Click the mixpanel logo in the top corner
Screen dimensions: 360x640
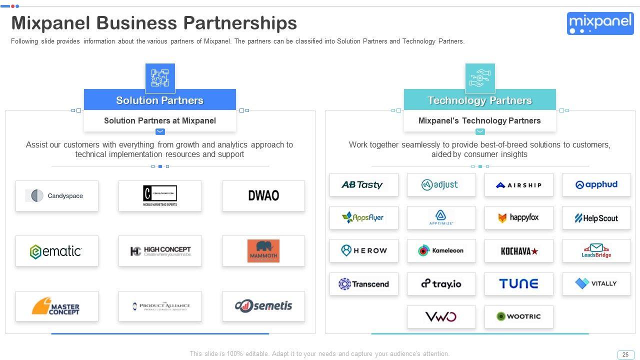coord(600,23)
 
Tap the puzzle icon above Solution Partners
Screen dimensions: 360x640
coord(160,78)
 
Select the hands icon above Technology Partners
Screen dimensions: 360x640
coord(480,78)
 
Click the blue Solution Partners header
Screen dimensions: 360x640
coord(160,100)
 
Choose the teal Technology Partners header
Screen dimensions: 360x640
coord(480,100)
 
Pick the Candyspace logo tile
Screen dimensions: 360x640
coord(57,196)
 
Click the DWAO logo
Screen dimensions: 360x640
coord(263,195)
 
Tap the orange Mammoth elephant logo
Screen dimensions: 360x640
coord(263,251)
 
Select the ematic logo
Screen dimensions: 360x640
coord(56,251)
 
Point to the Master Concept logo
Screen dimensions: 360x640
coord(56,306)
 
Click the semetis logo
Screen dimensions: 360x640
coord(263,306)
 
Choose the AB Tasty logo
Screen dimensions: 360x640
coord(363,184)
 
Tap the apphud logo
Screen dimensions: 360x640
coord(596,184)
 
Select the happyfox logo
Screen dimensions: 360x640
coord(518,218)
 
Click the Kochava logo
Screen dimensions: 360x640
coord(518,251)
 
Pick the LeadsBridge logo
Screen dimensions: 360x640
coord(596,251)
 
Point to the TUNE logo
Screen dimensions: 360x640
coord(518,283)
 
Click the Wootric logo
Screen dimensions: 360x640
coord(518,316)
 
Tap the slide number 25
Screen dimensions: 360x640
coord(625,354)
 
